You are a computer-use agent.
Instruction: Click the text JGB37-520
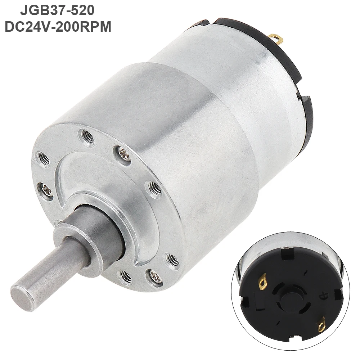pos(57,10)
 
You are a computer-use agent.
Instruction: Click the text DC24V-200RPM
pos(57,27)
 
